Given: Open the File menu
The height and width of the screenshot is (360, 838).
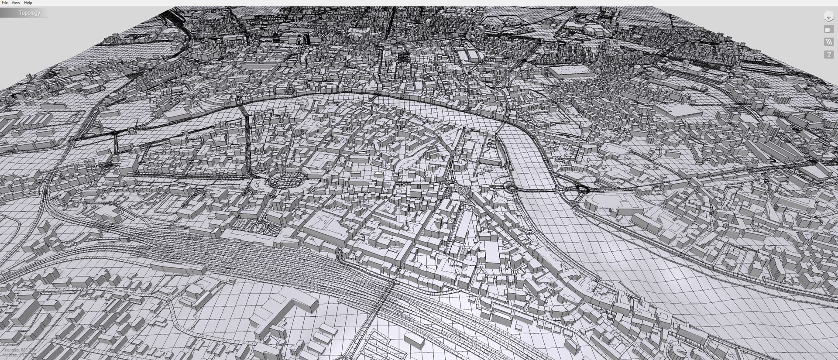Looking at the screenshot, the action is [5, 3].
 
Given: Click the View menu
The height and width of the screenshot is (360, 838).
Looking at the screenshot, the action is [16, 3].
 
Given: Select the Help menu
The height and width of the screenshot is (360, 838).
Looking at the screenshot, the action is [28, 3].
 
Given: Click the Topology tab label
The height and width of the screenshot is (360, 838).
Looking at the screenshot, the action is [29, 13].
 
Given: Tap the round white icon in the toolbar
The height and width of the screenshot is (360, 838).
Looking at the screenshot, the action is [828, 17].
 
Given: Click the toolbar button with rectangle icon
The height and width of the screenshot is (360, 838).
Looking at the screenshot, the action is [828, 29].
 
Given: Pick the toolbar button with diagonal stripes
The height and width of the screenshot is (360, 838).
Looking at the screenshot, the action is [828, 42].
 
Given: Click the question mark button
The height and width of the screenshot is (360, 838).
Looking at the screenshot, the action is [828, 55].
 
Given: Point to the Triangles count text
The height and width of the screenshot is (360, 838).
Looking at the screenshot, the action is [17, 350].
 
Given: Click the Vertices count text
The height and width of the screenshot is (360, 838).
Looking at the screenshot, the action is [17, 356].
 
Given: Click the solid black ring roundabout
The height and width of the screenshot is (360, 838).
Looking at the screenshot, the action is [582, 189].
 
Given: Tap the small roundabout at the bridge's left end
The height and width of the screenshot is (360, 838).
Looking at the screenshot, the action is [510, 187].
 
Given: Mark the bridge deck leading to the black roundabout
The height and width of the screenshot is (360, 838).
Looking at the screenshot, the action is [546, 190].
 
